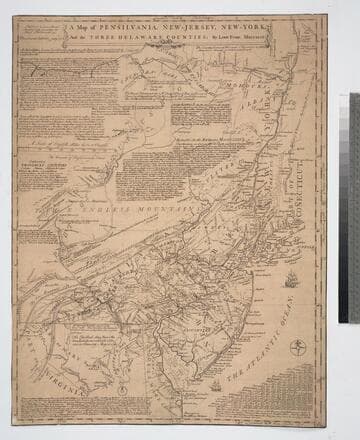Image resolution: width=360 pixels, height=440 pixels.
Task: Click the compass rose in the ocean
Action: pyautogui.click(x=296, y=346)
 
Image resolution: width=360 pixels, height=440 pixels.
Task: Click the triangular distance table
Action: pyautogui.click(x=304, y=396)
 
